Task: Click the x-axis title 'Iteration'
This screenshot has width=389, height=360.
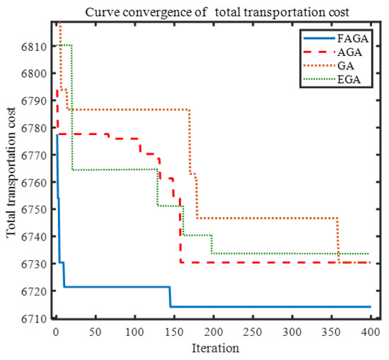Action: pos(214,348)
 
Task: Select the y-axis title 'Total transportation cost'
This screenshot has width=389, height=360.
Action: pos(12,182)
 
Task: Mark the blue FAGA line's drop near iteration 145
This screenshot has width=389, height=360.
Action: pos(170,297)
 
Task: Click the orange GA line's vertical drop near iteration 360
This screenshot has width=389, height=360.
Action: pos(338,240)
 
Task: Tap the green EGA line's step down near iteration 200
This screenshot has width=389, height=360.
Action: pos(212,244)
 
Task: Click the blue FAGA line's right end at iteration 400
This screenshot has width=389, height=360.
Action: pos(370,307)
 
